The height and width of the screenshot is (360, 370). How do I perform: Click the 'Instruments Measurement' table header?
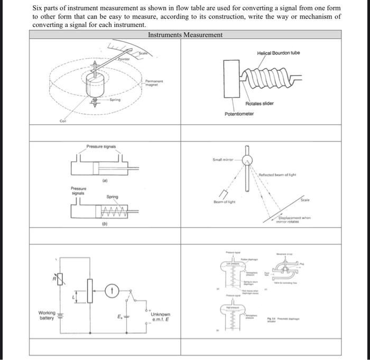tap(185, 35)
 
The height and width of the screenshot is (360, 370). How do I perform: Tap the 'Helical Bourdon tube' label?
tap(278, 53)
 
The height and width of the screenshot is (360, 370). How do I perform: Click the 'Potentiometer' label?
tap(239, 114)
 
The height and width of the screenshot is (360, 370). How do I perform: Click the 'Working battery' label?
tap(47, 316)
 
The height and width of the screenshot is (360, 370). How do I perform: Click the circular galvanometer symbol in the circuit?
tap(112, 290)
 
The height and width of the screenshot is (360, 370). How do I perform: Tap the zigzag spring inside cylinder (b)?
tap(114, 211)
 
